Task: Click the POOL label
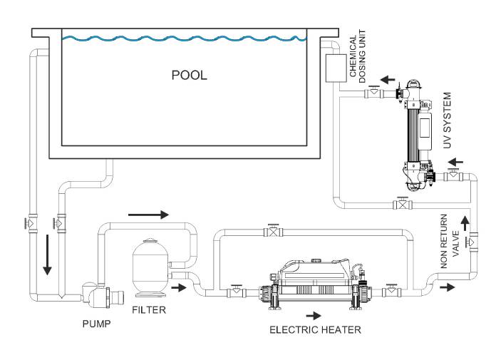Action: (x=189, y=75)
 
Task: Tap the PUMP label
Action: (x=96, y=324)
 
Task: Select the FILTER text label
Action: (x=149, y=310)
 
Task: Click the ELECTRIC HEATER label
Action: (x=315, y=329)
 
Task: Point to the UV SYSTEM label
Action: (x=447, y=120)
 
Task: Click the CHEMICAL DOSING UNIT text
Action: (x=358, y=56)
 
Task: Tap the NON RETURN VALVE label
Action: (x=450, y=241)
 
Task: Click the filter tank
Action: (x=150, y=268)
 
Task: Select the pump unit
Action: (x=103, y=295)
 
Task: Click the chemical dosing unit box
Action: (x=336, y=68)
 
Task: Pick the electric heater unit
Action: (x=315, y=284)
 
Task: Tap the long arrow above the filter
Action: (x=148, y=215)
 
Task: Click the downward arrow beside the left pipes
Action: (x=47, y=255)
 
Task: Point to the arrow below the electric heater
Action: (x=314, y=316)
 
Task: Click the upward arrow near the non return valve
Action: (x=465, y=224)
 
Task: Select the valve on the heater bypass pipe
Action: (x=274, y=231)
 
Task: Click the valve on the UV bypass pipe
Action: (x=403, y=204)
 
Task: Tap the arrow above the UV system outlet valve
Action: (x=388, y=80)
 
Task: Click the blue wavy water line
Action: (x=184, y=38)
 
